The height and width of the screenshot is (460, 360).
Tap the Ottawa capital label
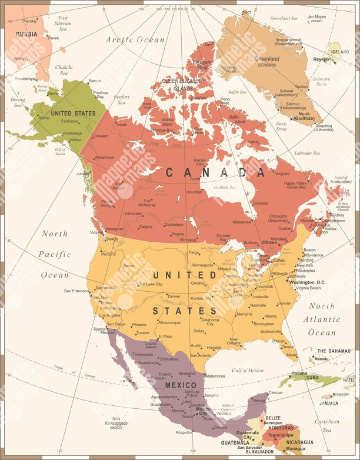tap(270, 242)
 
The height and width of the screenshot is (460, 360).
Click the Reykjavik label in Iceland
tap(322, 59)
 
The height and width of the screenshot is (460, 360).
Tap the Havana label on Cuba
tap(299, 373)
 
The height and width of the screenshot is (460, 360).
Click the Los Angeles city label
tap(110, 315)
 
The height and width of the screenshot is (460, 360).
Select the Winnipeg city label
tap(188, 240)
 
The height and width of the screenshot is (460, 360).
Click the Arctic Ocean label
tap(135, 39)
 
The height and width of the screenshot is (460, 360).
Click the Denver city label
tap(174, 296)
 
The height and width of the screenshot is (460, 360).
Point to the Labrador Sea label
tap(308, 153)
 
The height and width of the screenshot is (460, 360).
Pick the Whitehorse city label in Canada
tap(104, 157)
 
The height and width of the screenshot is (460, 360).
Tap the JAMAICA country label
tap(329, 404)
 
